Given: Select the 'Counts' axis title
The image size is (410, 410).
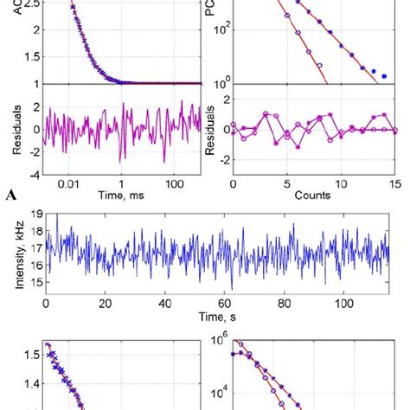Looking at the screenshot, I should (313, 196).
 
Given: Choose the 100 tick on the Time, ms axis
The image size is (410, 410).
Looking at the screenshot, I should (175, 184).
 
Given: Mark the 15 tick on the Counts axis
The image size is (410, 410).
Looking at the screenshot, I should (394, 184).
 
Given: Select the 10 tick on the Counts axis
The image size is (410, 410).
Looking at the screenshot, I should (341, 184).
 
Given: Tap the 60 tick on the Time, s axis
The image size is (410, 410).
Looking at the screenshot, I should (223, 306).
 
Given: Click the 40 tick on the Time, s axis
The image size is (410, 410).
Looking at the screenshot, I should (164, 306).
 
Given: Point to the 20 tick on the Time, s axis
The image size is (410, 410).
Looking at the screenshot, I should (106, 306).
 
